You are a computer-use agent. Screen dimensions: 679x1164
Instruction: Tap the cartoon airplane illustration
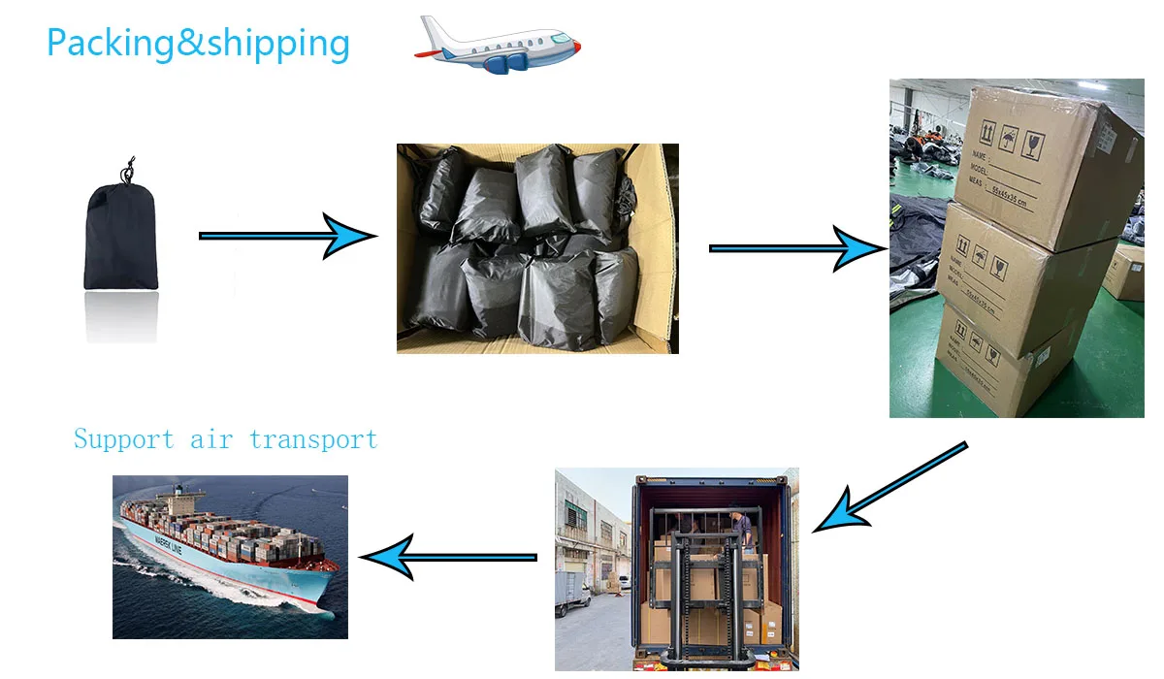[498, 47]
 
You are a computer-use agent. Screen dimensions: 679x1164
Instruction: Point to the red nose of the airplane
[576, 46]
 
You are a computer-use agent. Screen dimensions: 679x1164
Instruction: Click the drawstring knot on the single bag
[125, 174]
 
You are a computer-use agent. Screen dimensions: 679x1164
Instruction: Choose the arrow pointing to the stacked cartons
[795, 248]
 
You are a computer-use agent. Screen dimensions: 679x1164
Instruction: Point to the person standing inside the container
[742, 529]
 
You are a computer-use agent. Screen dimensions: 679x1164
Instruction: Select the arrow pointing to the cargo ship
[447, 557]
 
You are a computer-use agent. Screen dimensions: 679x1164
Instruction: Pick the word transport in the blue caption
[312, 439]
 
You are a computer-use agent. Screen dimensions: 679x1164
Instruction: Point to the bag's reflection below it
[121, 315]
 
